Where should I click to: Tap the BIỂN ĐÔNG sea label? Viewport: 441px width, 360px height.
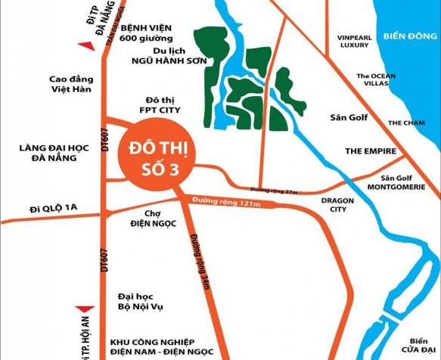[x=411, y=36]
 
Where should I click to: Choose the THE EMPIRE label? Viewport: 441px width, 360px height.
[x=371, y=151]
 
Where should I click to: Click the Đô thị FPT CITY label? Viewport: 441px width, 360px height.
[x=164, y=105]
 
